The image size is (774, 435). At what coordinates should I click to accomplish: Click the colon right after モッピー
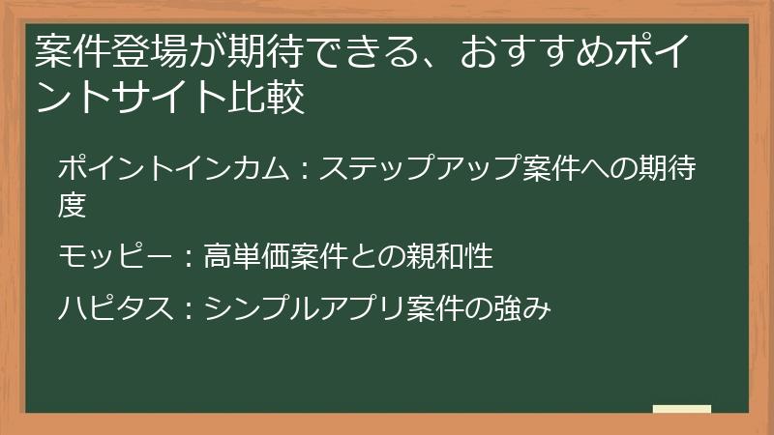click(x=186, y=258)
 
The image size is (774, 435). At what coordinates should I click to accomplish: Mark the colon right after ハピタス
click(x=186, y=310)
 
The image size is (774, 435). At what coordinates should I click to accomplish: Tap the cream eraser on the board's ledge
click(x=682, y=409)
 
